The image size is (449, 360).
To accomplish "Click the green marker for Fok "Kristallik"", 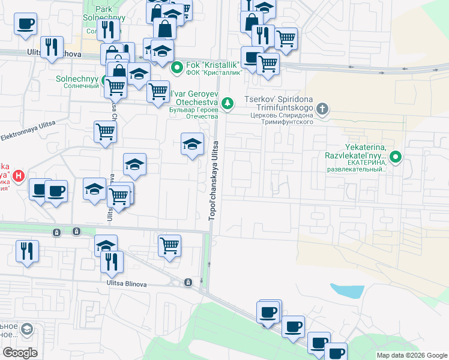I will coord(176,67).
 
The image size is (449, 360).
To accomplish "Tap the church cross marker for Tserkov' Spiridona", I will coord(322,109).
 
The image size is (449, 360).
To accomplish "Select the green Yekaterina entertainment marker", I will coord(396,158).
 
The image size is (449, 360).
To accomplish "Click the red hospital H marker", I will coord(19,176).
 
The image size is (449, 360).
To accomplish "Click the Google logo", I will coord(20,352).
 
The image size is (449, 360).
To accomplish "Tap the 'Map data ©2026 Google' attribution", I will coord(412,355).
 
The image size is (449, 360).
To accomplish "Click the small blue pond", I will coord(347,291).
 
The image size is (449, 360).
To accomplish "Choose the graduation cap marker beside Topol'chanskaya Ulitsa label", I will coord(192,145).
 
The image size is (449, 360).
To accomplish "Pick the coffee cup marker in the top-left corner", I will coord(26,25).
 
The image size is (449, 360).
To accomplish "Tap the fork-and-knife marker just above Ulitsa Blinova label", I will coord(112,262).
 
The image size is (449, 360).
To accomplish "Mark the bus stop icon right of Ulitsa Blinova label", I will coord(188,282).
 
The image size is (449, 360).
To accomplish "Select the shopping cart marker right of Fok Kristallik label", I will coord(268,62).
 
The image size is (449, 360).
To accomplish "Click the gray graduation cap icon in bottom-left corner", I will coord(27,329).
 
